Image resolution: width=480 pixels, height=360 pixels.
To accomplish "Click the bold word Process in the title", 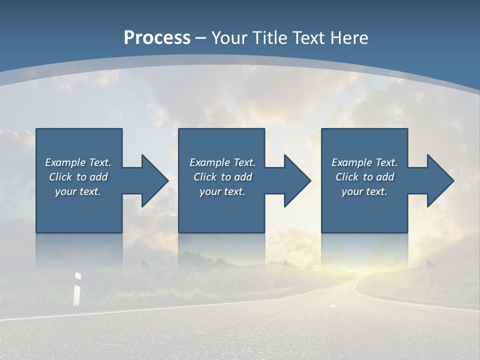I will click(x=157, y=38).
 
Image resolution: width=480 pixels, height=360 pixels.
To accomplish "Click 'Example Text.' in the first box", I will click(x=78, y=162).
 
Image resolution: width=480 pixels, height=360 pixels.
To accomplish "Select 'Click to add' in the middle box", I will click(x=222, y=177).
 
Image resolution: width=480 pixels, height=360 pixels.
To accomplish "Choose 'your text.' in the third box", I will click(x=364, y=191).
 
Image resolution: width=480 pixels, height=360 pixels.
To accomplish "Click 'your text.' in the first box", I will click(x=78, y=191).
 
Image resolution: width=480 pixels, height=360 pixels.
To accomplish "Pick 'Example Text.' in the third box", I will click(x=364, y=162).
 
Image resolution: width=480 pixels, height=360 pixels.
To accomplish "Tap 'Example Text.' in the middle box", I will click(x=222, y=162).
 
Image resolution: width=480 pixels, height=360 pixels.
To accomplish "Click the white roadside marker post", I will click(x=77, y=289).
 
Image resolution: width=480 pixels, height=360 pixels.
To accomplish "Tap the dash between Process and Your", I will click(x=201, y=38).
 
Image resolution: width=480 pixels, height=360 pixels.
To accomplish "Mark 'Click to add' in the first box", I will click(x=78, y=177).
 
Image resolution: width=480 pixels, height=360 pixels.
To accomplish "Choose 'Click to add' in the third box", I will click(x=364, y=177).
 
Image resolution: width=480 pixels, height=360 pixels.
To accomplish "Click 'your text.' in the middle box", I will click(x=222, y=191).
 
